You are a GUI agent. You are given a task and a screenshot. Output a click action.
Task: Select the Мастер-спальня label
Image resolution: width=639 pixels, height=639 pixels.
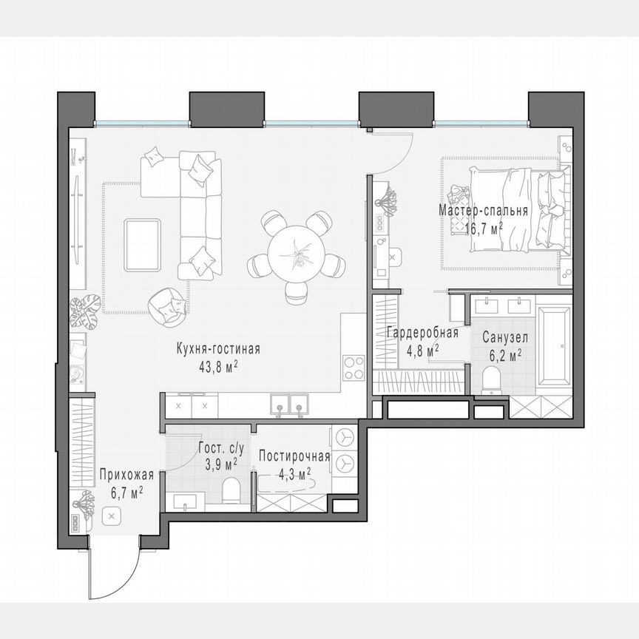click(x=483, y=210)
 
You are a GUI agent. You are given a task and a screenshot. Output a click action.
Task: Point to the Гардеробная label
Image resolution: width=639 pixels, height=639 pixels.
click(x=422, y=333)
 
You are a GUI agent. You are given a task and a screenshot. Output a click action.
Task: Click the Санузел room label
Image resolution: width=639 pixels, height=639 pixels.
click(x=505, y=337)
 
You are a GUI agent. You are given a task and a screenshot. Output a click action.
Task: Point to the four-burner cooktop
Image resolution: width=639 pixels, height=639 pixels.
click(x=354, y=367)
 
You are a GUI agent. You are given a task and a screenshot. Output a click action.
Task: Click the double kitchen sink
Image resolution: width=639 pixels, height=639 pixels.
click(x=289, y=405)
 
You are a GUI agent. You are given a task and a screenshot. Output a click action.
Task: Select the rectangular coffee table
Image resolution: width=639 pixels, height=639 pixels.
click(x=143, y=245)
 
